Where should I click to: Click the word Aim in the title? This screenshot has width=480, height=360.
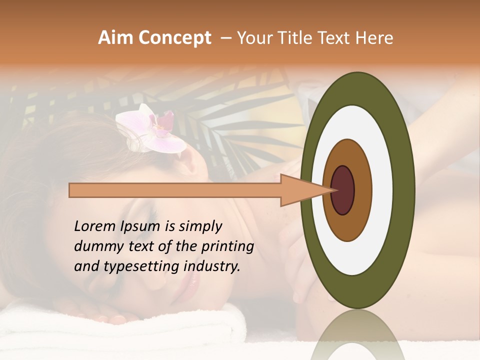tap(115, 38)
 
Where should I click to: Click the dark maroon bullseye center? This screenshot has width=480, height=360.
tap(342, 190)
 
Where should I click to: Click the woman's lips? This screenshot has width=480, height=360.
tap(192, 283)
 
